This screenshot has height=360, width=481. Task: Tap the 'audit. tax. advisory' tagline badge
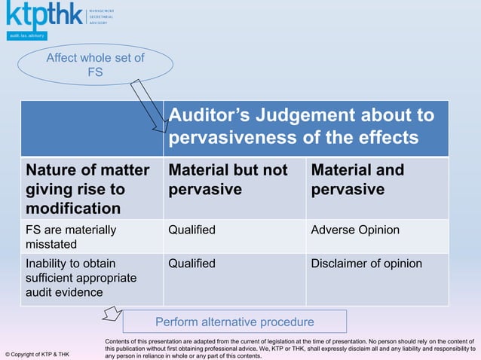(x=27, y=35)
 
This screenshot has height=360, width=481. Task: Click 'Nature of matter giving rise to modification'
(x=87, y=188)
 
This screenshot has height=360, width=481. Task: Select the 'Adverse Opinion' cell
(x=355, y=230)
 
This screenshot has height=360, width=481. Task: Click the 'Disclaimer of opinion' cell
(x=366, y=264)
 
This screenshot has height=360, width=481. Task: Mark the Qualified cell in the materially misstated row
(x=191, y=230)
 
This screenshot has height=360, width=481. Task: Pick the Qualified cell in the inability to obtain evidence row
(x=191, y=264)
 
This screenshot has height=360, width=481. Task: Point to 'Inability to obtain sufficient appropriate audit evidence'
(x=81, y=278)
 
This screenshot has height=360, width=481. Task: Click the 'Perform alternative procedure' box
(x=234, y=322)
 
